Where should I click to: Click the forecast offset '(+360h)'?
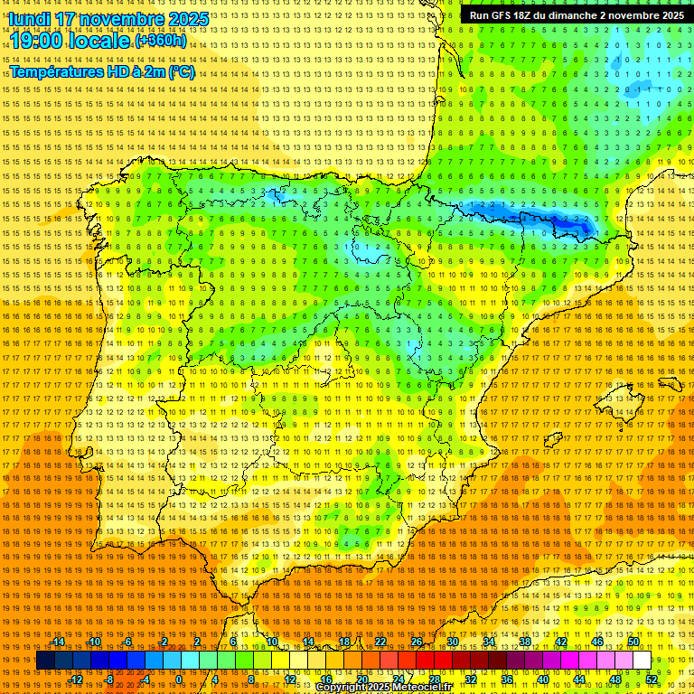(161, 41)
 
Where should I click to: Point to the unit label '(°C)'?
(181, 71)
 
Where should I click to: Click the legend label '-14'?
(59, 642)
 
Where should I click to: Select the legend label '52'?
(652, 680)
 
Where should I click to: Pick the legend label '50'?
(633, 642)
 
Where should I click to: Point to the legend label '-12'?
(76, 680)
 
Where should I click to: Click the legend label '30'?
(453, 642)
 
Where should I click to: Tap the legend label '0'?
(180, 680)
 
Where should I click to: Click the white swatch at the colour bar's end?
(642, 661)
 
